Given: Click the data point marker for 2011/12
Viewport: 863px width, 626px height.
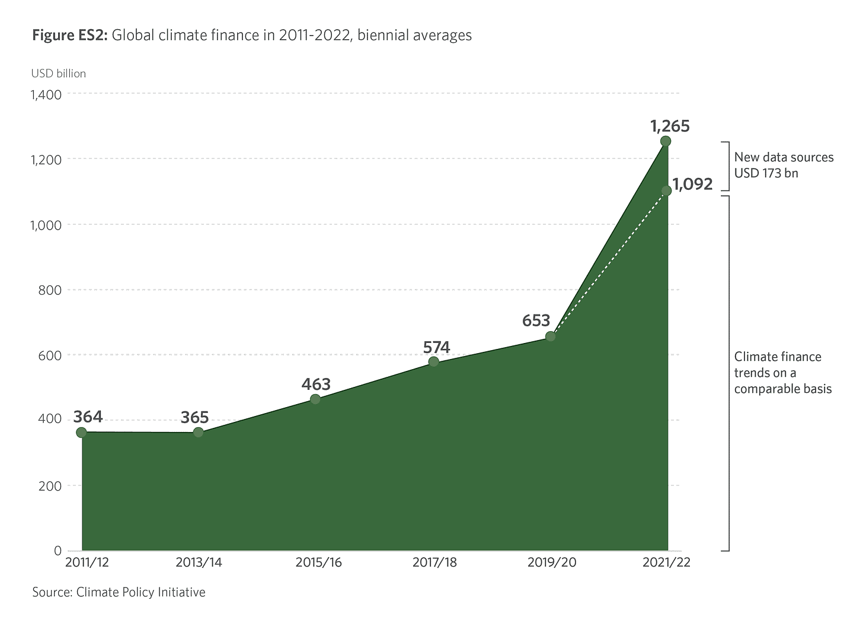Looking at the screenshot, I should pos(81,432).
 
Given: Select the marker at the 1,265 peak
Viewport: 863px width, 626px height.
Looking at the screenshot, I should pos(666,141).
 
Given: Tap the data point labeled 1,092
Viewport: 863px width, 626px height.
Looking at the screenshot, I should pos(666,190).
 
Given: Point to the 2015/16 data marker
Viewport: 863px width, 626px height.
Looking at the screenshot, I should pos(315,399).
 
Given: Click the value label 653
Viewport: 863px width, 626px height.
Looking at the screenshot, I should pos(536,321).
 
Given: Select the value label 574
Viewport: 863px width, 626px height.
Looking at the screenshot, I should pos(436,347).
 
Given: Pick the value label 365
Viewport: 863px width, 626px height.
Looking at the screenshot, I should pos(194,418).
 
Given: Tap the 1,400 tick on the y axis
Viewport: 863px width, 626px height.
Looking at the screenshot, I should pos(45,94).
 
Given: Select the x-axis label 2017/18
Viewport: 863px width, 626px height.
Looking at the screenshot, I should pos(434,563).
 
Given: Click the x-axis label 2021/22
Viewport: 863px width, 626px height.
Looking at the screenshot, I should pos(666,563).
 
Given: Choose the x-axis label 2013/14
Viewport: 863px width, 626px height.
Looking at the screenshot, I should pos(199,563).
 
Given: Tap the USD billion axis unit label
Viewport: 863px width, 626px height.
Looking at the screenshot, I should pos(59,74).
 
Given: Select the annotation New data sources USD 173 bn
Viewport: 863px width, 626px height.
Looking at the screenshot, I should pos(783,165).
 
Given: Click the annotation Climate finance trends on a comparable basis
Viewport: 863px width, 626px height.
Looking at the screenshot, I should pos(782,373).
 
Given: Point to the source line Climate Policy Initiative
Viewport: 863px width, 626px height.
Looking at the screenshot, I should pos(119,592).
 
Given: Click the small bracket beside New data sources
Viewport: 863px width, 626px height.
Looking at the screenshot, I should pos(725,166).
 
